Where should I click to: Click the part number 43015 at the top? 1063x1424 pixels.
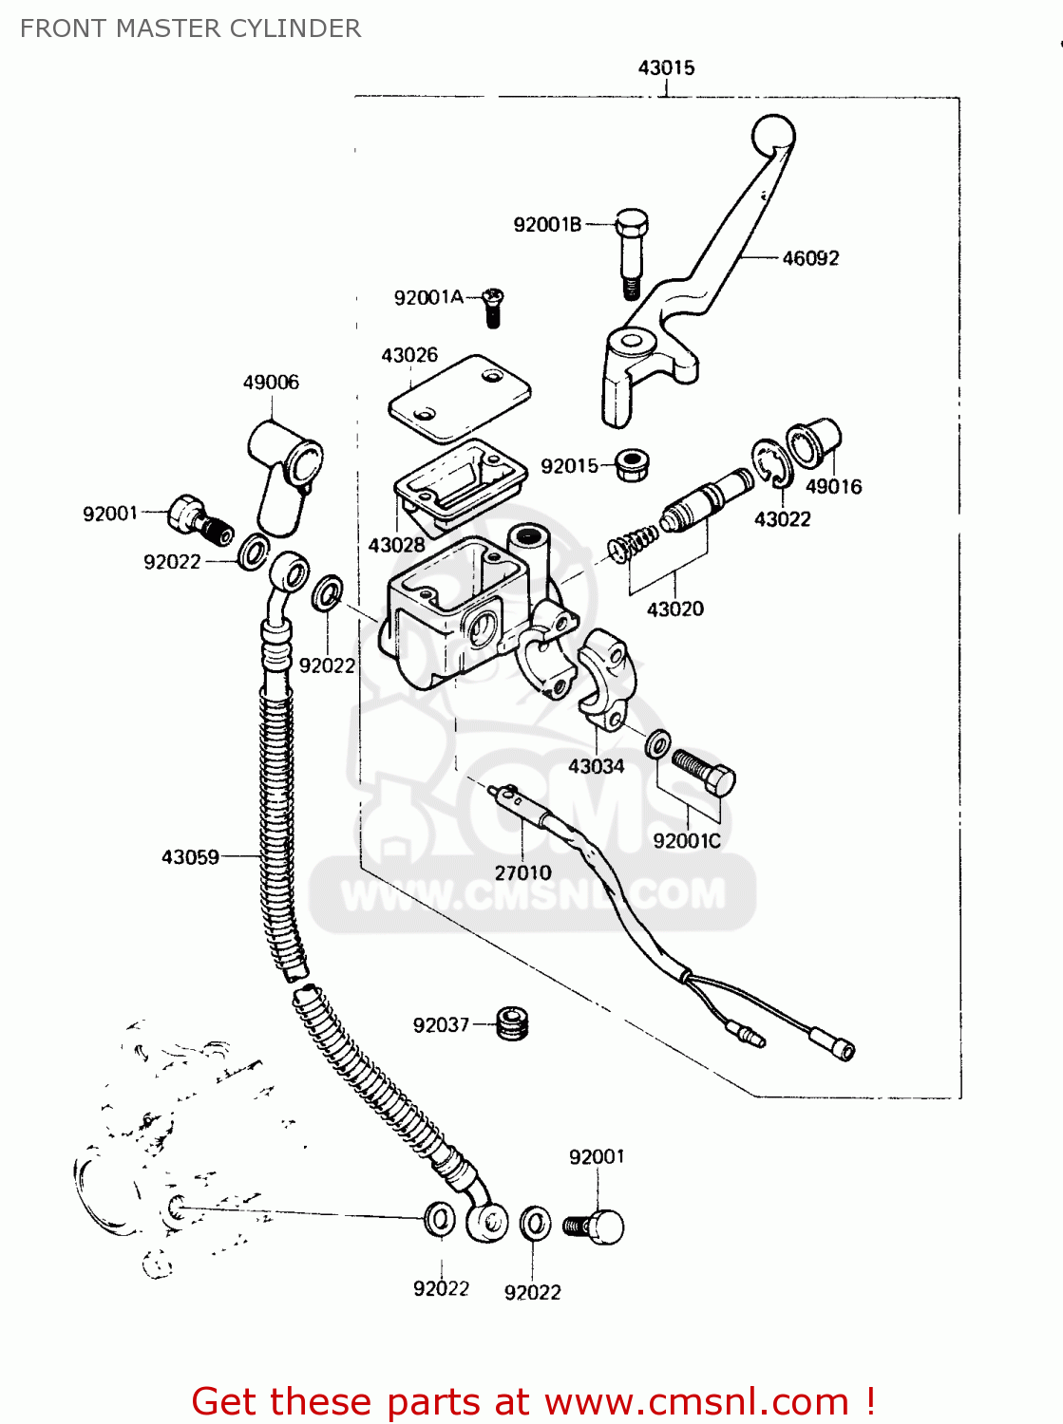coord(666,67)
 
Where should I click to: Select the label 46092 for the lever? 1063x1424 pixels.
coord(810,258)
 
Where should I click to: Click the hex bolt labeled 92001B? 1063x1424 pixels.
coord(631,250)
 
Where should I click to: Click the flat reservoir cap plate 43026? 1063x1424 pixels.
coord(459,399)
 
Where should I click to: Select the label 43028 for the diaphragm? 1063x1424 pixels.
coord(396,545)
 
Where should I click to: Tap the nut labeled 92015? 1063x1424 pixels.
coord(632,464)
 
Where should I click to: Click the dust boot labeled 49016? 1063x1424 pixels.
coord(813,443)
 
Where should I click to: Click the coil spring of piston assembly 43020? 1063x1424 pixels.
coord(631,546)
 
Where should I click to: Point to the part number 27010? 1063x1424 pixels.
coord(522,872)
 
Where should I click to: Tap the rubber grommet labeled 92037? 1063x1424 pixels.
coord(513,1023)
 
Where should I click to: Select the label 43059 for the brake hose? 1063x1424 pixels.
coord(190,857)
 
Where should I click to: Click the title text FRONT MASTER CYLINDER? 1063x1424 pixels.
coord(190,28)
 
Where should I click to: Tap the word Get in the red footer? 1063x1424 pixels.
coord(227,1402)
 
